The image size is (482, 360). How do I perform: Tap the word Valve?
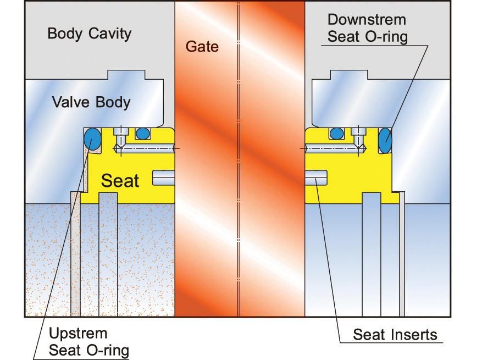tap(70, 102)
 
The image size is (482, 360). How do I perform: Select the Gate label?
tap(202, 47)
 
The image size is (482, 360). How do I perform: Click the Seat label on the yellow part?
tap(121, 180)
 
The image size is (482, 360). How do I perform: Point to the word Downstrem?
tap(366, 20)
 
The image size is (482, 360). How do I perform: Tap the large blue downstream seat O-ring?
tap(385, 140)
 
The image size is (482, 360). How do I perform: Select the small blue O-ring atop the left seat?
tap(143, 133)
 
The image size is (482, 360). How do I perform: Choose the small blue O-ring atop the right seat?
tap(335, 133)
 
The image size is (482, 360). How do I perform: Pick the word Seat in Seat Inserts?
tap(367, 335)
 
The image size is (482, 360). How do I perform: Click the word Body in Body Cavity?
tap(64, 34)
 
